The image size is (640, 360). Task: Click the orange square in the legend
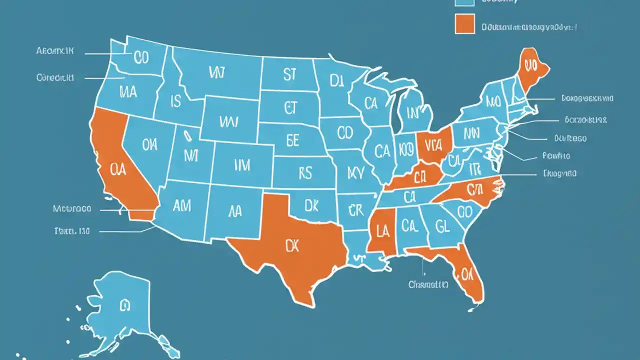pos(464,24)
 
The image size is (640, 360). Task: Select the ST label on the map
pos(289,75)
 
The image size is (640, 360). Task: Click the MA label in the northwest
pos(128,91)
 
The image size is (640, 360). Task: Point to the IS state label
pos(175,102)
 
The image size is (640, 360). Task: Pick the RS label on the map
pos(304,173)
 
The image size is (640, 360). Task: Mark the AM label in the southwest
pos(181,205)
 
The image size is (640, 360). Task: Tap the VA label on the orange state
pos(434,144)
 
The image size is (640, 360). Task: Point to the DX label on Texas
pos(292,245)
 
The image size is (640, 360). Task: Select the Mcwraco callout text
pos(72,208)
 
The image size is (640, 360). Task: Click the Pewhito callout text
pos(555,156)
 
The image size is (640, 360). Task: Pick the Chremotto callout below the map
pos(428,284)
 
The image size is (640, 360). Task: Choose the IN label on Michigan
pos(412,112)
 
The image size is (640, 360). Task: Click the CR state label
pos(355,211)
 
